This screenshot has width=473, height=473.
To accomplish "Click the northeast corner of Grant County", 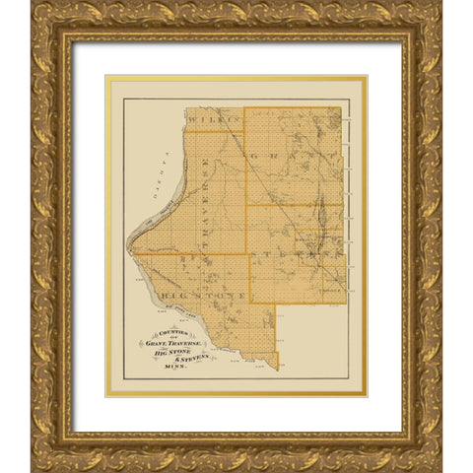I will click(342, 107).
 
